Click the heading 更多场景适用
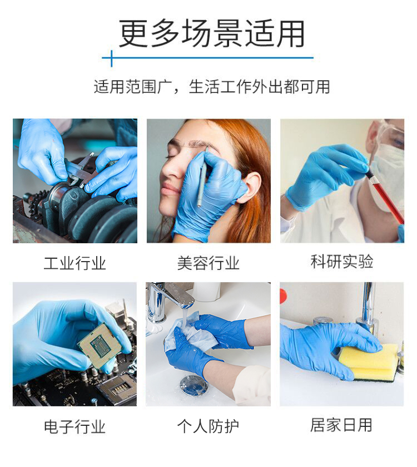click(x=212, y=33)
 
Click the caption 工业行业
click(x=75, y=263)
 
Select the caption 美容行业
click(x=208, y=263)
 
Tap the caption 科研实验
click(x=342, y=262)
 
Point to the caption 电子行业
click(x=75, y=426)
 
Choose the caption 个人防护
click(x=208, y=426)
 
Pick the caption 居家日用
click(x=341, y=425)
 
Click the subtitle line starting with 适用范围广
click(x=212, y=87)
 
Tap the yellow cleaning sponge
click(x=369, y=362)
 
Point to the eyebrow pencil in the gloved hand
click(x=202, y=182)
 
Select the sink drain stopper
click(x=193, y=385)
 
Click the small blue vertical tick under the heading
click(x=112, y=58)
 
